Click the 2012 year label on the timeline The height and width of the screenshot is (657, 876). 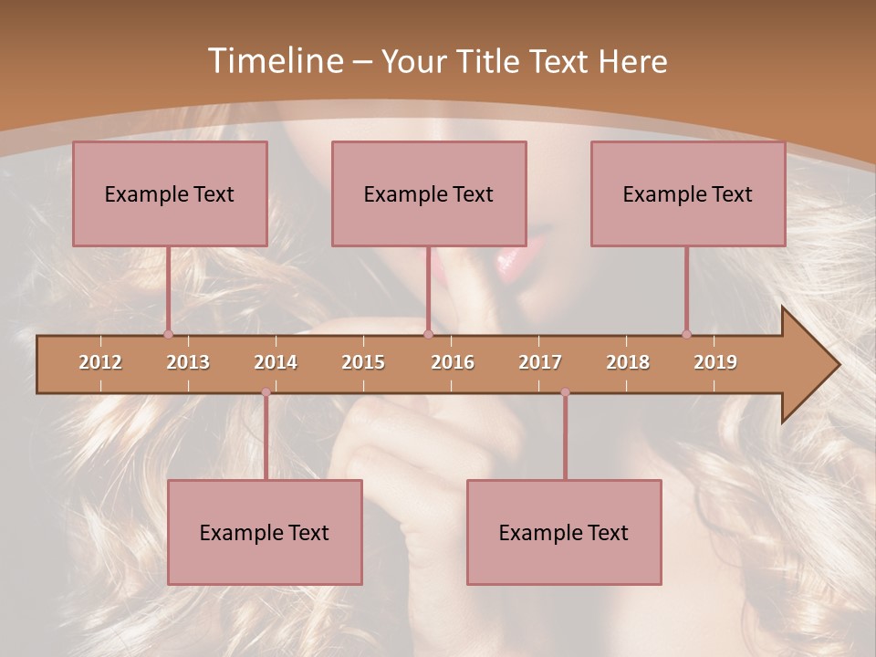100,362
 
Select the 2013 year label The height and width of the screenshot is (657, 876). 188,362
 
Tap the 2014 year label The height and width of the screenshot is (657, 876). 276,362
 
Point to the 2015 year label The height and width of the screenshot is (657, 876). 363,362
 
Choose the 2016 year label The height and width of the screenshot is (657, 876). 453,362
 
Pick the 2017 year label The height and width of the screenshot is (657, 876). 540,362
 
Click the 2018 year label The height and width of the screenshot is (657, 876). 628,362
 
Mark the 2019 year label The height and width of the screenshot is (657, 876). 715,362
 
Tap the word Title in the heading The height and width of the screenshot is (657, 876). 490,61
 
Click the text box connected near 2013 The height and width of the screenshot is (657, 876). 170,193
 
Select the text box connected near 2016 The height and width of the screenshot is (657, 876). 429,193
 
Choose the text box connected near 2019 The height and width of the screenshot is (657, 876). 688,193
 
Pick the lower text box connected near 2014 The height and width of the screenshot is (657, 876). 265,532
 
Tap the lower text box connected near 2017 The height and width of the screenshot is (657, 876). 564,532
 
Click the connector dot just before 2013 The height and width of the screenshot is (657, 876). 168,334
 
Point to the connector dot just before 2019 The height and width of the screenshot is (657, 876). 686,334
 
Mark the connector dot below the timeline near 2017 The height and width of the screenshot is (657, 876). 565,392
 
